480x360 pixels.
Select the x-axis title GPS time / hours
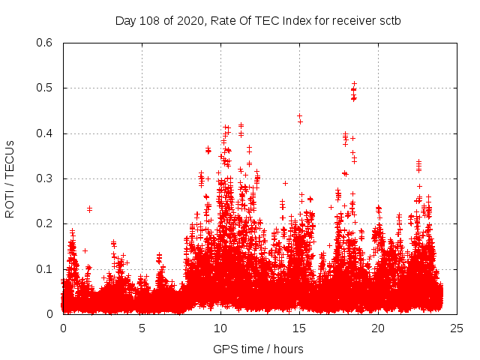pyautogui.click(x=258, y=349)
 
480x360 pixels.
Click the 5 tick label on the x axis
pyautogui.click(x=142, y=328)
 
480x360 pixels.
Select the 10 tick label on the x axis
pyautogui.click(x=220, y=328)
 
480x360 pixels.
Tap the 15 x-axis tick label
pyautogui.click(x=299, y=328)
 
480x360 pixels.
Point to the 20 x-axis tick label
pyautogui.click(x=378, y=328)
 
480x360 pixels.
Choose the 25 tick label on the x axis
pyautogui.click(x=457, y=328)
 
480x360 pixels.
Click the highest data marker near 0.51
pyautogui.click(x=354, y=83)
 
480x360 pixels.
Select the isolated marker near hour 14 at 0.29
pyautogui.click(x=285, y=183)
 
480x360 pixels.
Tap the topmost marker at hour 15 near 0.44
pyautogui.click(x=299, y=116)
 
